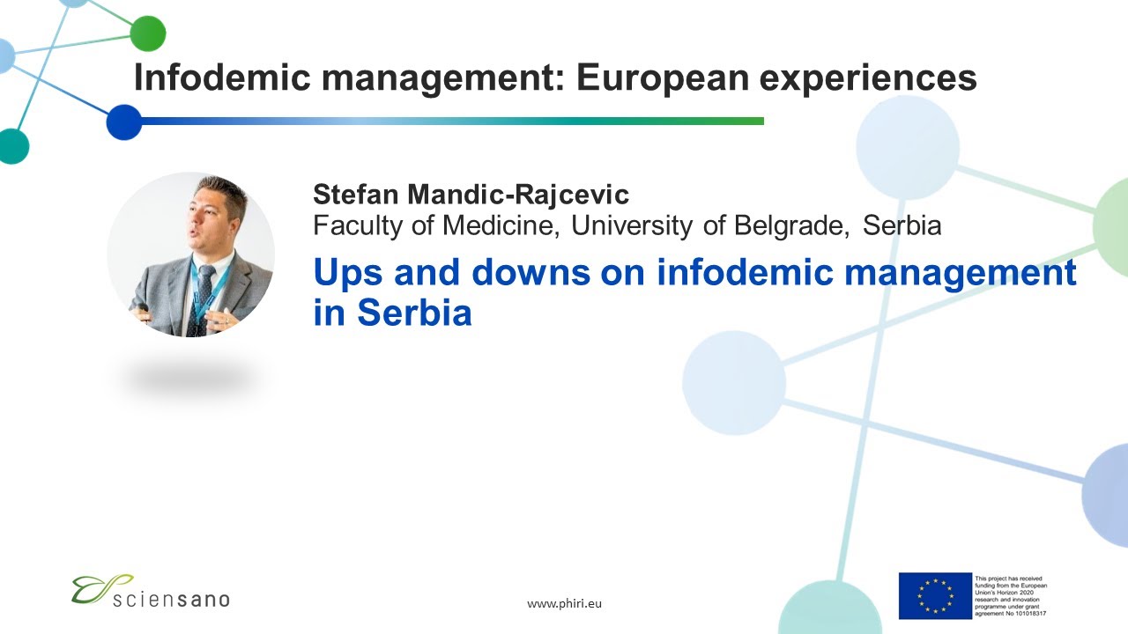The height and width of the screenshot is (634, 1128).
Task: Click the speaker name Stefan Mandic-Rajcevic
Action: tap(471, 195)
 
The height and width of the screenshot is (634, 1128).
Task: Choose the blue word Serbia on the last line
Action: tap(414, 313)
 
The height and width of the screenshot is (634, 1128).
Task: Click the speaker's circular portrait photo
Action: tap(190, 254)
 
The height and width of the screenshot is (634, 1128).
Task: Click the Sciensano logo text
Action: tap(173, 599)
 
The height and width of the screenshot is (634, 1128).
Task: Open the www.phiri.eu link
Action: tap(564, 604)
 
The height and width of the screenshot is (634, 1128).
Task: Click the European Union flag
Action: tap(935, 595)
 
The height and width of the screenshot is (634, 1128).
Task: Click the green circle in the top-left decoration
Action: tap(148, 33)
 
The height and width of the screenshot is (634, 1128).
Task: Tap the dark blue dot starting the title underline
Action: tap(124, 122)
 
